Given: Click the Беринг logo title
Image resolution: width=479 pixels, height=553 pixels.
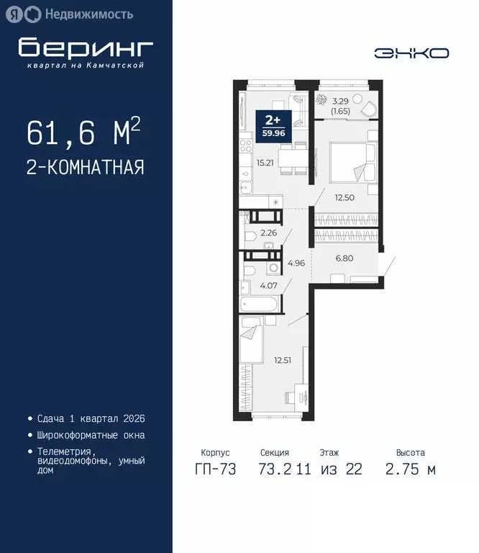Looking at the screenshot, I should click(86, 48).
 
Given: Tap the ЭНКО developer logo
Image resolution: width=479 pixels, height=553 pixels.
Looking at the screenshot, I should click(411, 53).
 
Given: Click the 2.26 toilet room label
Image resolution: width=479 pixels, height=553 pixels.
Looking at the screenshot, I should click(269, 233).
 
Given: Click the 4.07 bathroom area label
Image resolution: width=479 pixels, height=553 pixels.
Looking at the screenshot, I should click(269, 286).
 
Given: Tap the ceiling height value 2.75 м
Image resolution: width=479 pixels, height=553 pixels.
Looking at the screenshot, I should click(411, 470).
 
